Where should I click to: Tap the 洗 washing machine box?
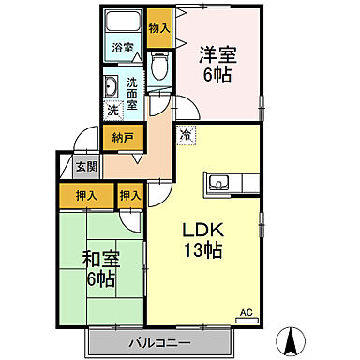(x=112, y=110)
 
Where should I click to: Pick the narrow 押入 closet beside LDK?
(x=129, y=196)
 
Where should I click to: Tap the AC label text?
(x=247, y=312)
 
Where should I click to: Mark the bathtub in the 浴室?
(x=122, y=23)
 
